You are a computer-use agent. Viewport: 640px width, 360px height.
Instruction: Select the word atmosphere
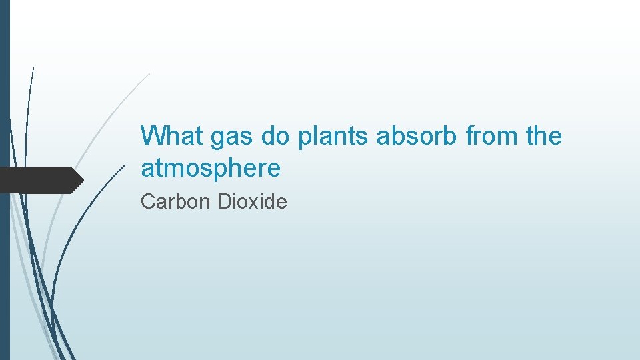point(211,169)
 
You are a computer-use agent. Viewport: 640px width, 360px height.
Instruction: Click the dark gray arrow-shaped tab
point(40,180)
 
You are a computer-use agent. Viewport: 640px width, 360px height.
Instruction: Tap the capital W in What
point(152,136)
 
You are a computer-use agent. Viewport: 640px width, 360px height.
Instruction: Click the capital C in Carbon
point(147,201)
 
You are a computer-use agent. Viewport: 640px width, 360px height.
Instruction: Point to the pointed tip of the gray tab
point(83,180)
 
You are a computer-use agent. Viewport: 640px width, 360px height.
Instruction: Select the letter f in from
point(470,136)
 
